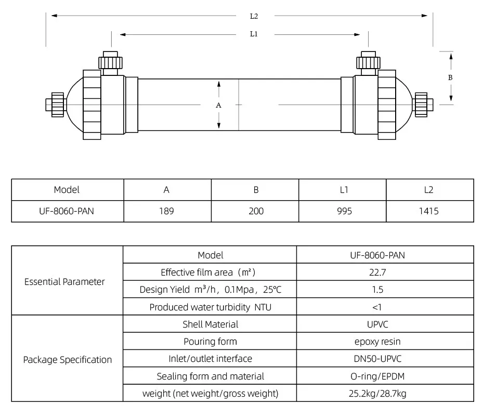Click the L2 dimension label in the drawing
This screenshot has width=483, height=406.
click(x=254, y=16)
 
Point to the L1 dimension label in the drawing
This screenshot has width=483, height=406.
click(x=254, y=34)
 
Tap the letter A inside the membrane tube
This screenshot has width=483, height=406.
click(x=219, y=105)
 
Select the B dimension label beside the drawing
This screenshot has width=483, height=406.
click(x=450, y=77)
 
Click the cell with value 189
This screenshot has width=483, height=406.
click(x=167, y=211)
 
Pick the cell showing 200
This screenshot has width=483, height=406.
click(x=256, y=211)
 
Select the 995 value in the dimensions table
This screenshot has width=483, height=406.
click(x=344, y=211)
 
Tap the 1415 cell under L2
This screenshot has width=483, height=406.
click(x=429, y=211)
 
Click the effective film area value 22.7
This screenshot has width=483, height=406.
click(x=385, y=272)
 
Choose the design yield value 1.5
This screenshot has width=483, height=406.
click(x=385, y=290)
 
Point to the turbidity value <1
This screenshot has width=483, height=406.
click(x=385, y=307)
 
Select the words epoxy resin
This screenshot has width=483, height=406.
click(x=385, y=342)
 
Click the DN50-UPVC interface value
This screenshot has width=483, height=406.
click(x=385, y=359)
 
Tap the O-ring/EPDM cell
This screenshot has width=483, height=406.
click(x=385, y=376)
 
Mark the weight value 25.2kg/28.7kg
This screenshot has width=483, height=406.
click(x=385, y=394)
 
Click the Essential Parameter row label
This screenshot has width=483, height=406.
click(x=64, y=282)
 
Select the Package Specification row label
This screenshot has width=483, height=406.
click(x=67, y=360)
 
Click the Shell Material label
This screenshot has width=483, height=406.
click(x=210, y=324)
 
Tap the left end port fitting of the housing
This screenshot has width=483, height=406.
click(x=56, y=104)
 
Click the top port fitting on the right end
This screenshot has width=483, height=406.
click(x=368, y=61)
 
